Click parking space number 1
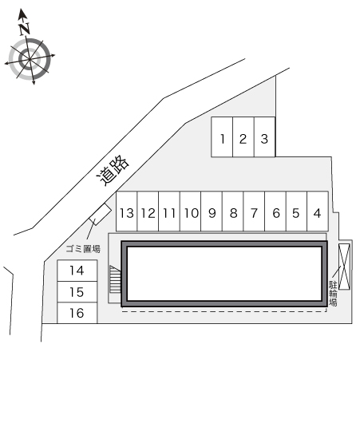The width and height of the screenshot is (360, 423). click(222, 136)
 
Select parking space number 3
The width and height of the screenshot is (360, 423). click(243, 136)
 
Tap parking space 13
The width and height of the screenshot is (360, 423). click(264, 136)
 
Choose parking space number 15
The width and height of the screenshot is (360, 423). click(77, 292)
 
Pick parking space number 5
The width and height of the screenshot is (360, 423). click(296, 211)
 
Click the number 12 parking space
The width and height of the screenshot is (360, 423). click(148, 211)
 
